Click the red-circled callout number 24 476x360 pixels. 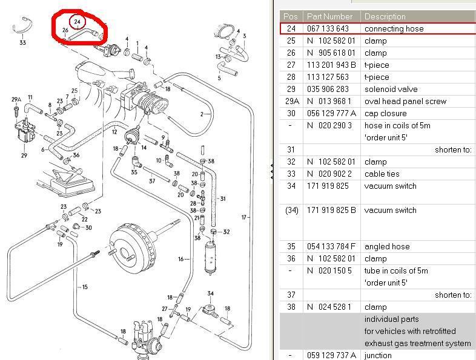(76, 22)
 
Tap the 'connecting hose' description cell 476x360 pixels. (394, 28)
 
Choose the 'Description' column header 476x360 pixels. (385, 16)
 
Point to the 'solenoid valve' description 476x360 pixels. (391, 89)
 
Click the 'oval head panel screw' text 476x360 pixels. (405, 101)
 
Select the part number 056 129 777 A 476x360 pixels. (332, 113)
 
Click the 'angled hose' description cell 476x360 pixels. (386, 246)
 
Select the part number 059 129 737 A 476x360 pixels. (332, 355)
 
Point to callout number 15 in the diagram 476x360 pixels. (85, 287)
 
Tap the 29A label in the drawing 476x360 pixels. (16, 99)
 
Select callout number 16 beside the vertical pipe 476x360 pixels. (181, 259)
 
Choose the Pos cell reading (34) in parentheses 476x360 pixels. (292, 210)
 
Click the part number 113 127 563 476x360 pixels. (328, 77)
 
